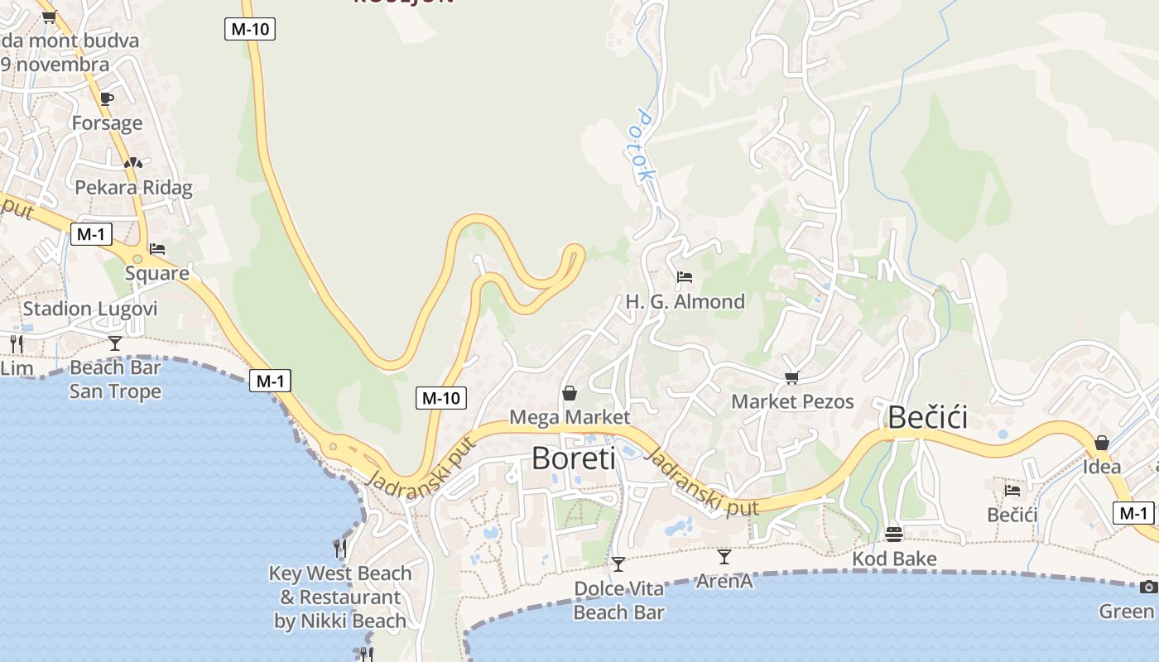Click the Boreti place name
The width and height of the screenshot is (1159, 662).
573,458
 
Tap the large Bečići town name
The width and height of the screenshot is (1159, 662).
927,418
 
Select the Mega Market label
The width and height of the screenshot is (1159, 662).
570,417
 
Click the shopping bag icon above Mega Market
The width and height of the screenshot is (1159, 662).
570,392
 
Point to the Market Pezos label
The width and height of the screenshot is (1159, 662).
792,402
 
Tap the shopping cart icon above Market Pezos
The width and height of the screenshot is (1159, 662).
791,378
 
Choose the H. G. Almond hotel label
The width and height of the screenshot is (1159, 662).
685,301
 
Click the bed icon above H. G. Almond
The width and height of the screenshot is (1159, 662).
685,276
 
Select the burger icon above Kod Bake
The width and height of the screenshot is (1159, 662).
893,534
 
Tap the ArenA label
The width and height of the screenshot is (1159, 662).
724,581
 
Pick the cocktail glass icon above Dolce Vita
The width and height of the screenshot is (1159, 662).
618,564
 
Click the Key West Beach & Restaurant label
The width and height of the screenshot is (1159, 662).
340,597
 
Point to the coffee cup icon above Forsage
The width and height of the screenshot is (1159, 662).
107,98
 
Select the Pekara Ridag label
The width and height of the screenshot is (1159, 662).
133,188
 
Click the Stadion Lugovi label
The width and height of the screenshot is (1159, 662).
89,309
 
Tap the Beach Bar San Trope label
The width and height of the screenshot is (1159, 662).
115,379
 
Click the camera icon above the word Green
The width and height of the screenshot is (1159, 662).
1148,587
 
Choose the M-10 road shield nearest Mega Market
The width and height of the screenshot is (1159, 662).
440,398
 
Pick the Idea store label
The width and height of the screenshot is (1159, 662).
1102,467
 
